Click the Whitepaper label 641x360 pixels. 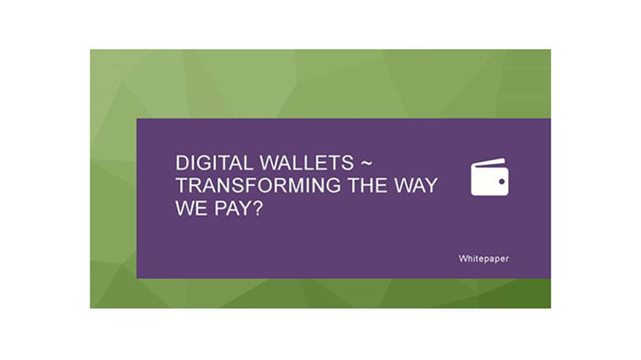tap(484, 259)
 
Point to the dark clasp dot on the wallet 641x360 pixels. tap(502, 181)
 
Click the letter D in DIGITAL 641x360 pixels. tap(182, 163)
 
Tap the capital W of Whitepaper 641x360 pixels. tap(463, 259)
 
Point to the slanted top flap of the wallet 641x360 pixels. tap(488, 162)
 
